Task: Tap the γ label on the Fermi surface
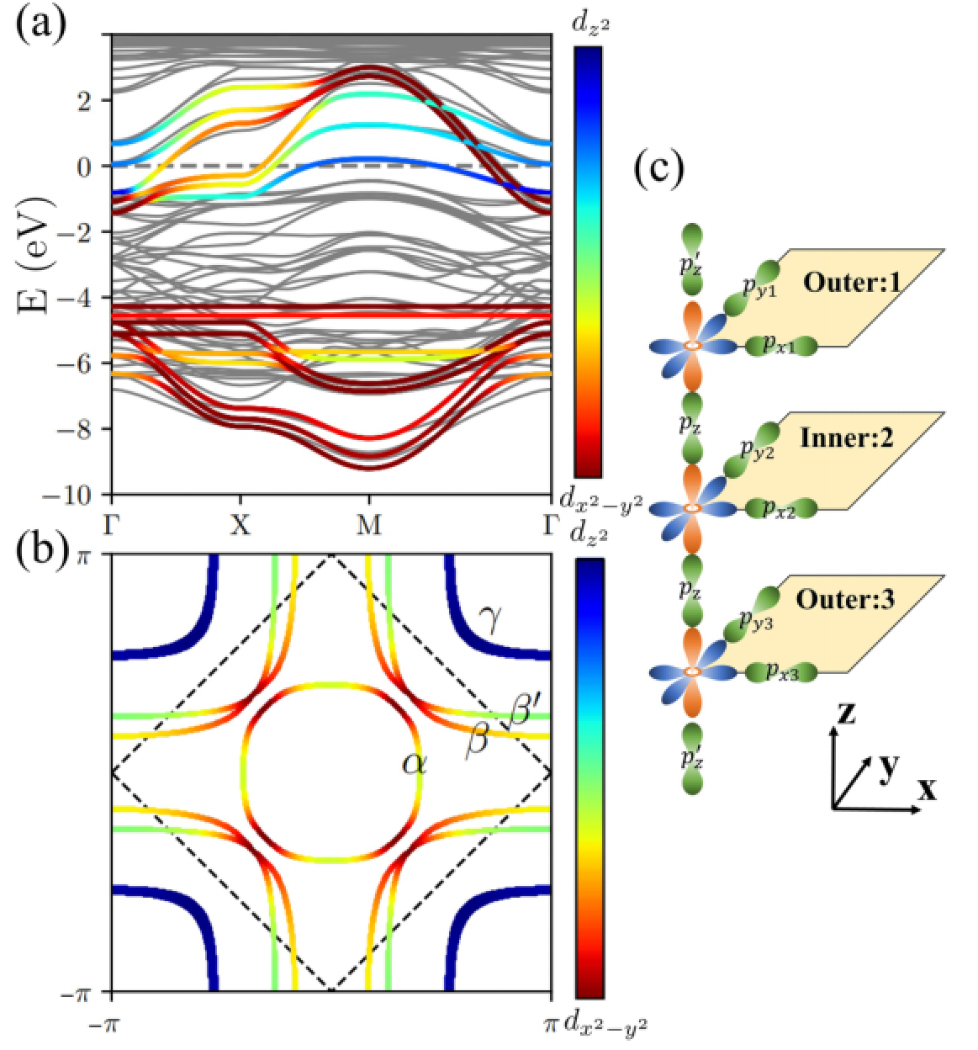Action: coord(490,619)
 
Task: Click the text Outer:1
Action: coord(852,282)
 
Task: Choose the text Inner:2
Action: coord(846,437)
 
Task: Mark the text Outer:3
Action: coord(845,600)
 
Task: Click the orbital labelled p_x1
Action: coord(780,345)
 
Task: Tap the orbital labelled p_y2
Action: coord(758,449)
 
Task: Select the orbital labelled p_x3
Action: coord(780,671)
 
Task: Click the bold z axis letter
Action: coord(845,713)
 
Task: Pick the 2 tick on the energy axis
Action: coord(83,100)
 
